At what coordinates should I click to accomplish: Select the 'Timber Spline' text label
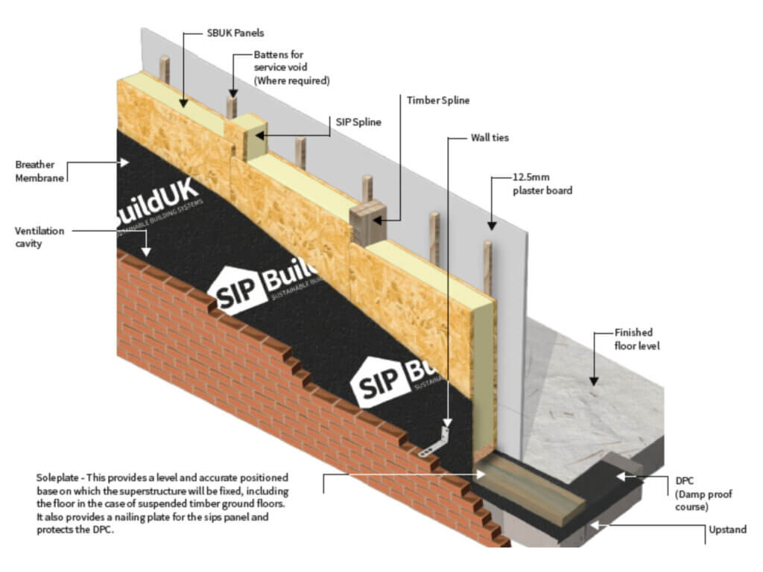click(x=438, y=100)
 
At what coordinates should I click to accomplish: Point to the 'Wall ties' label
click(x=490, y=138)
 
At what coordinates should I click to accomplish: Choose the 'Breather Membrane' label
click(x=39, y=171)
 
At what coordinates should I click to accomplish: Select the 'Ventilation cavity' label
click(x=40, y=238)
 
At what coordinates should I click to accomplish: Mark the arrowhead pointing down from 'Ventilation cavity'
click(x=147, y=252)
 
